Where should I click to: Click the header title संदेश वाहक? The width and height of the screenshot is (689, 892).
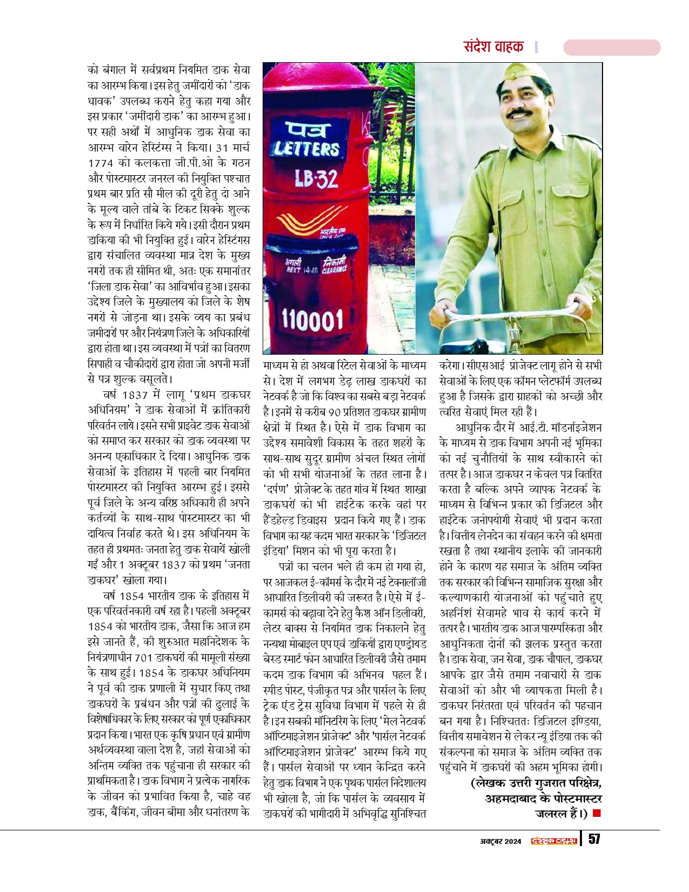493,46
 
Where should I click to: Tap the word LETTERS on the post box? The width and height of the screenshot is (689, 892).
306,149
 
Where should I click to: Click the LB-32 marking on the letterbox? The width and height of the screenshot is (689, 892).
316,178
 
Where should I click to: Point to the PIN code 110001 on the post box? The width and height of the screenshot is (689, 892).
312,321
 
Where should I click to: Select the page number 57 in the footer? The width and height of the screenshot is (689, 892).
594,839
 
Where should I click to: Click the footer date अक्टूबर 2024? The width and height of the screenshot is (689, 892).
501,841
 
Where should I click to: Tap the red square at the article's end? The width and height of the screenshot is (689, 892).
597,813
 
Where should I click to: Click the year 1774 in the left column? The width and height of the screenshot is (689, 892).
101,163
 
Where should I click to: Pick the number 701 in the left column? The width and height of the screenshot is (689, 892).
143,657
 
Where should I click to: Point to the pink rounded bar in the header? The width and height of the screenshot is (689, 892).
612,48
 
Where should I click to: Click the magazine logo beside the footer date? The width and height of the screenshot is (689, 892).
554,840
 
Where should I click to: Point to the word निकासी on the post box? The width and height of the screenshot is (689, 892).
334,262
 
